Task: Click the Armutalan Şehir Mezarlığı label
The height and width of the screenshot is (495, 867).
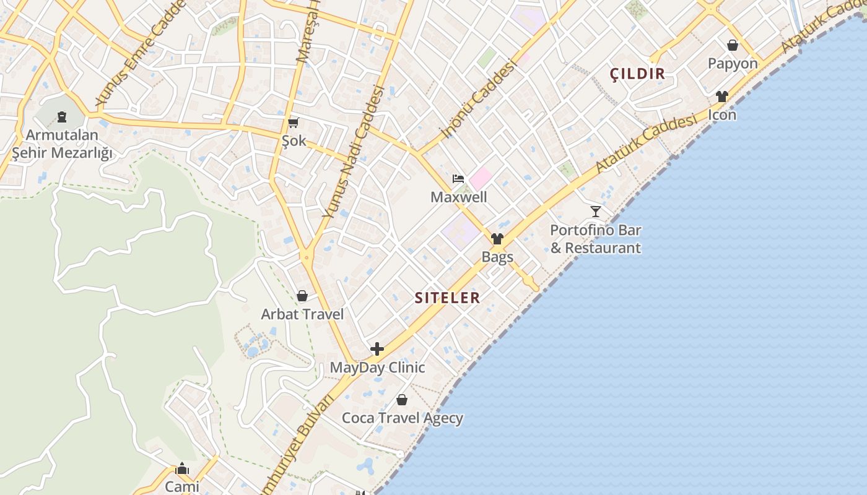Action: [x=62, y=144]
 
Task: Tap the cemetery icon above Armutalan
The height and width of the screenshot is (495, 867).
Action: [x=61, y=116]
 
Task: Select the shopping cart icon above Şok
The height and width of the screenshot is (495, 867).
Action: [x=294, y=123]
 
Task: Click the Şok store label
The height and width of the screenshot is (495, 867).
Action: [x=294, y=140]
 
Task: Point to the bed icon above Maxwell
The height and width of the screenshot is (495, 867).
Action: [x=458, y=179]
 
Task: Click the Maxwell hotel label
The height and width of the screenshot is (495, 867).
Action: [x=459, y=197]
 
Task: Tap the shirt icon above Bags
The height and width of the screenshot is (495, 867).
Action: [x=497, y=239]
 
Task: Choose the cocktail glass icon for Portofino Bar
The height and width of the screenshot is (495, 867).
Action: [x=596, y=212]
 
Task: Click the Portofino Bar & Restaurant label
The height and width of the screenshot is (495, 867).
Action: [x=596, y=239]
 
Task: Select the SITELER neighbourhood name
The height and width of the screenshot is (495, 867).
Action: [x=447, y=298]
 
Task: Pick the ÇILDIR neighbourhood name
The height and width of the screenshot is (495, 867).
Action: [x=637, y=74]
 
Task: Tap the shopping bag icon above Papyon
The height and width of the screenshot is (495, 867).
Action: [x=733, y=45]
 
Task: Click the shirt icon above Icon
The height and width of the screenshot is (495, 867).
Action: [x=722, y=97]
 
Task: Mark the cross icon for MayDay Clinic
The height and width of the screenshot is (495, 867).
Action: [x=377, y=349]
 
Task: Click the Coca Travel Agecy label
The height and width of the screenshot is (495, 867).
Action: [x=403, y=418]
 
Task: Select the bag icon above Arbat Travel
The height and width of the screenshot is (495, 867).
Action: [x=302, y=296]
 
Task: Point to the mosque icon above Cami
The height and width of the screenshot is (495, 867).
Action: [x=182, y=468]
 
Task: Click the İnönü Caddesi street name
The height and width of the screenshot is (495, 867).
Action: [x=477, y=99]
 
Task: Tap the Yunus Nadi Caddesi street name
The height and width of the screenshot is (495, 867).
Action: [x=354, y=152]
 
